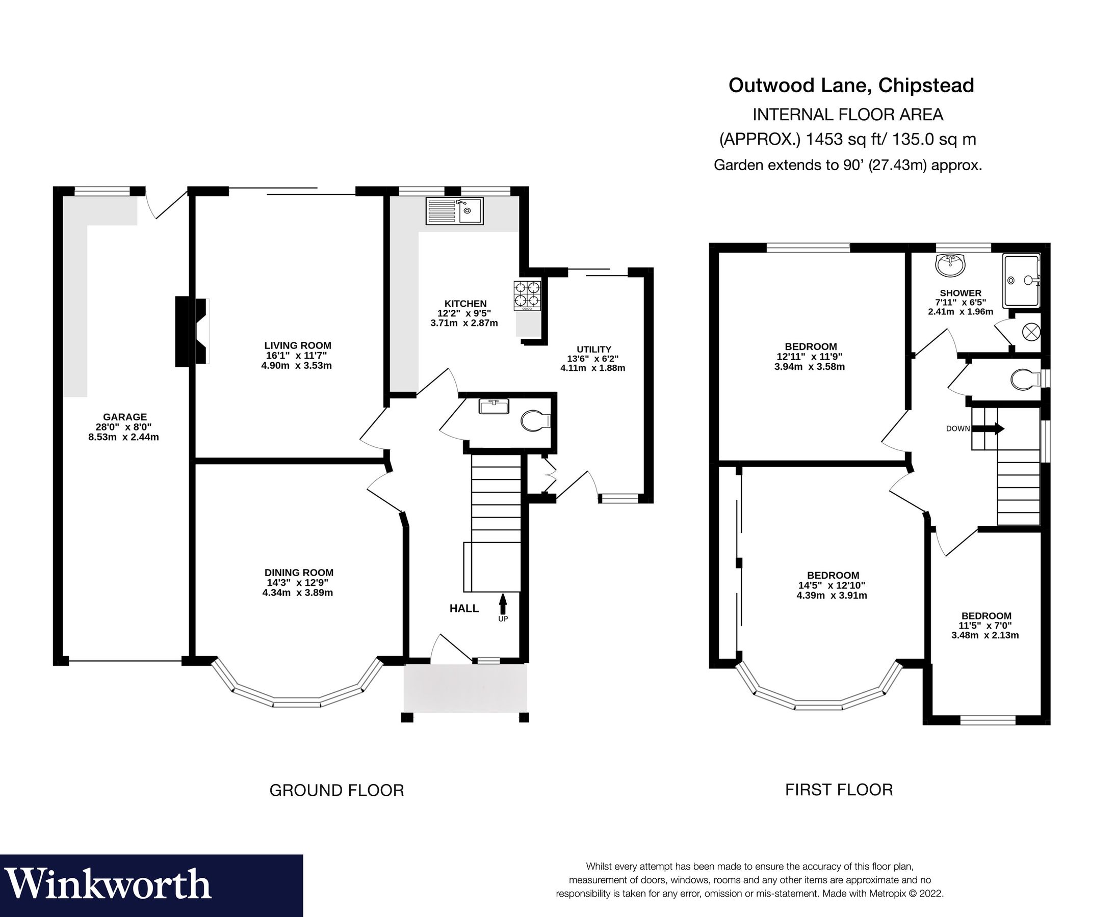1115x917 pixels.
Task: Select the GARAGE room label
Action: pyautogui.click(x=125, y=417)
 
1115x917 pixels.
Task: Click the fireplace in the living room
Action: pyautogui.click(x=193, y=332)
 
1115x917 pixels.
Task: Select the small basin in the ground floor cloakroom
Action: pyautogui.click(x=494, y=406)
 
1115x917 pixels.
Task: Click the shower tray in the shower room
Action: pyautogui.click(x=1021, y=280)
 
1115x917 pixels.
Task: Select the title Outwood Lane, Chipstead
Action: pyautogui.click(x=851, y=85)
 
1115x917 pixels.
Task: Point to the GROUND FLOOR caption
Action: pyautogui.click(x=336, y=790)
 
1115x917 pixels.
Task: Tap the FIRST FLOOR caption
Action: pyautogui.click(x=839, y=790)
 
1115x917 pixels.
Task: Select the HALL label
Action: pyautogui.click(x=463, y=608)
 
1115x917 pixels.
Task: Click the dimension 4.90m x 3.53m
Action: pyautogui.click(x=296, y=366)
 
